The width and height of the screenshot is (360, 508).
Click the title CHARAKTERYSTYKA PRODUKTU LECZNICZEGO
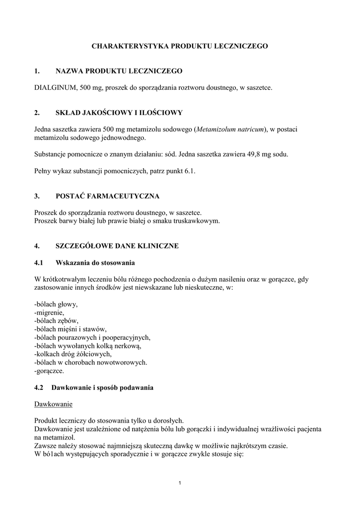(180, 46)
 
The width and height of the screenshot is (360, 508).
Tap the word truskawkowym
(201, 221)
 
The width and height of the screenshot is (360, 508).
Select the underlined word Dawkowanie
(54, 404)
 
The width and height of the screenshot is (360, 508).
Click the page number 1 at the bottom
(180, 484)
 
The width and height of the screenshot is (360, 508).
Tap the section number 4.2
(39, 387)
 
